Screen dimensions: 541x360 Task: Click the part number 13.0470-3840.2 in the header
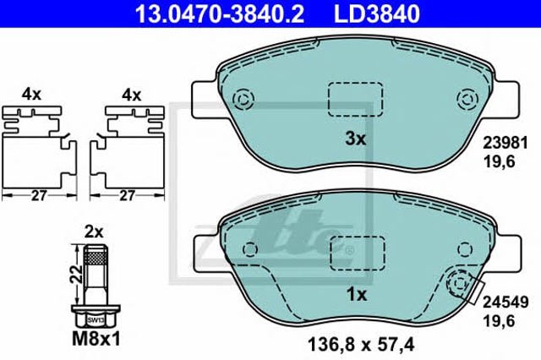point(220,14)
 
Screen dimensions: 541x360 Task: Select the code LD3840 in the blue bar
point(377,14)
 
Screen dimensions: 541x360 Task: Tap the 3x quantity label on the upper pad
point(355,139)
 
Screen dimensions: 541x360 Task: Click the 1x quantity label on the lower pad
point(356,294)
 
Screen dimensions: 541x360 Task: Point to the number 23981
point(505,143)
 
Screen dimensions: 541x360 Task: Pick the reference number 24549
point(505,302)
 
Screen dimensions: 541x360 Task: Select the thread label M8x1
point(96,339)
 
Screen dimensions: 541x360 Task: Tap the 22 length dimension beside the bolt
point(78,274)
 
